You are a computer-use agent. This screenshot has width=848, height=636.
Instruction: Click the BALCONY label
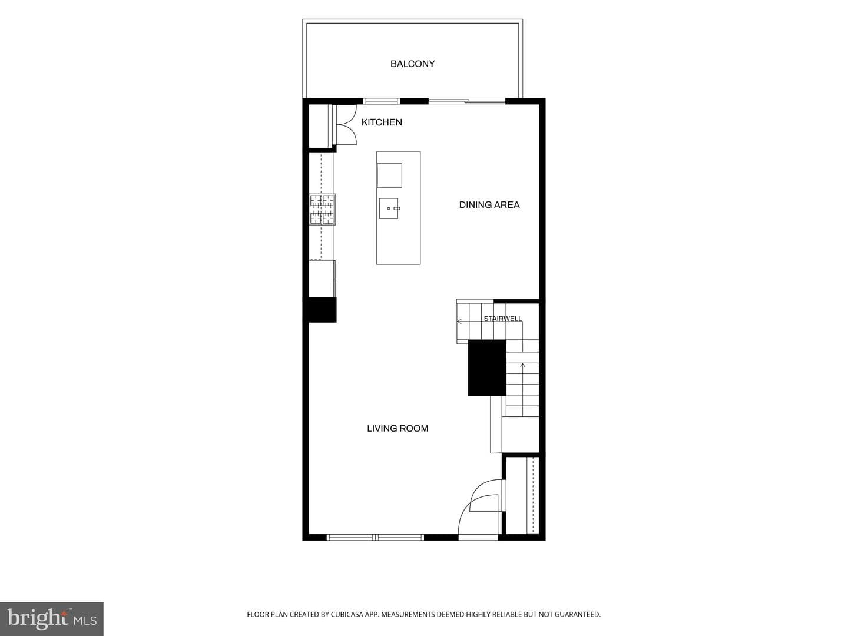click(412, 64)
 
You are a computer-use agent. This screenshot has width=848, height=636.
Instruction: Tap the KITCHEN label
click(382, 122)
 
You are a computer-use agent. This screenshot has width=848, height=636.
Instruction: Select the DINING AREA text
click(489, 205)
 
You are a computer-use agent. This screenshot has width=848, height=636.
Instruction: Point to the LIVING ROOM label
click(397, 428)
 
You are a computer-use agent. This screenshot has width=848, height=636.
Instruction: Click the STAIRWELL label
click(503, 319)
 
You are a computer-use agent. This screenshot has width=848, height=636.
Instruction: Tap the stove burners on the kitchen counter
click(322, 209)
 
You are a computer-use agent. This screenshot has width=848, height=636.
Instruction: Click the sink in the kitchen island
click(389, 208)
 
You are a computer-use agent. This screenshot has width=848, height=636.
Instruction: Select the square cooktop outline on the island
click(389, 175)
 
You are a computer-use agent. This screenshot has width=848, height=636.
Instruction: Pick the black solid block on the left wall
click(322, 309)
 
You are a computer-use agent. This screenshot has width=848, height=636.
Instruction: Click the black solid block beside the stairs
click(487, 367)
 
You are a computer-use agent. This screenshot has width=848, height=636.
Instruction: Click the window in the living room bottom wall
click(376, 537)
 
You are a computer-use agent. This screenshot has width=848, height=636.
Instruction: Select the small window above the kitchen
click(382, 101)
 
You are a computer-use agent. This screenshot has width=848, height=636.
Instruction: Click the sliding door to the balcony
click(466, 101)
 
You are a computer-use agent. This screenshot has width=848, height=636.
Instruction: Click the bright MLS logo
click(52, 618)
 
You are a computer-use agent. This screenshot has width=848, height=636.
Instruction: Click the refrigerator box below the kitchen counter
click(322, 279)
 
